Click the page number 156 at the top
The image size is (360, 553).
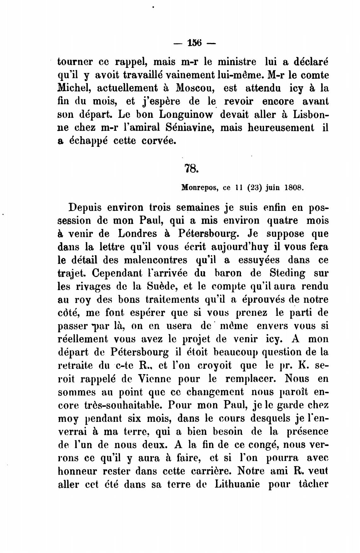[194, 43]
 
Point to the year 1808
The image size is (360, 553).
[294, 188]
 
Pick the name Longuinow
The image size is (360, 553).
[187, 114]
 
